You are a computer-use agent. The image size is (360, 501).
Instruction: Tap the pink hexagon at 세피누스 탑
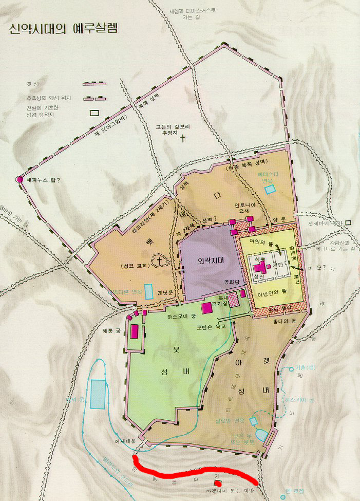(20, 180)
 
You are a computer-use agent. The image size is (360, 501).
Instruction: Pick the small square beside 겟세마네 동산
(349, 222)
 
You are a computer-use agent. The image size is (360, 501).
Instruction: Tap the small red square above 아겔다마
(217, 484)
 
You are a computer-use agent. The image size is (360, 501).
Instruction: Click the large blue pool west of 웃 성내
(98, 394)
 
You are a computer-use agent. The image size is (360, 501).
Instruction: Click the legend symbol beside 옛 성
(94, 83)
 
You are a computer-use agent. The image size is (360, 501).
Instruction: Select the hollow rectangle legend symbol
(94, 113)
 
